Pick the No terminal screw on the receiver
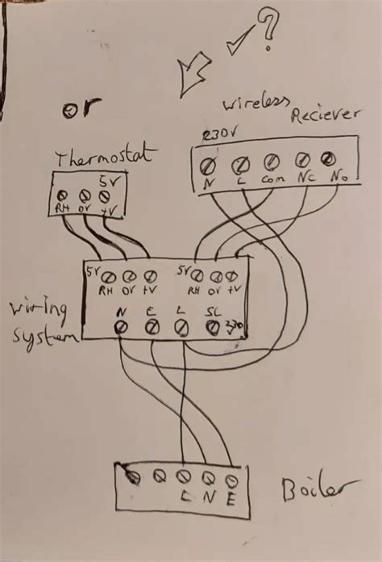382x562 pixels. (328, 158)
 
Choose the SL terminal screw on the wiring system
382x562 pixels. (213, 327)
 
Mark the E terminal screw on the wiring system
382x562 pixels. (151, 327)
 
